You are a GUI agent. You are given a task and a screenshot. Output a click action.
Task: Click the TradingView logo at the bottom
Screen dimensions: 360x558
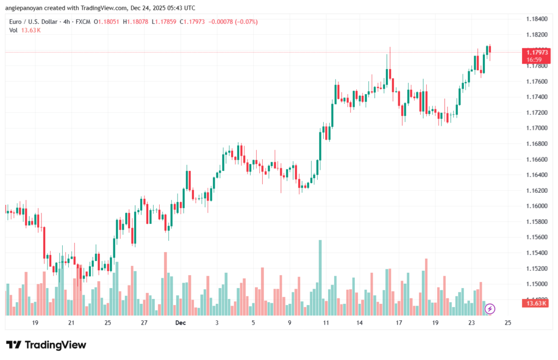click(46, 345)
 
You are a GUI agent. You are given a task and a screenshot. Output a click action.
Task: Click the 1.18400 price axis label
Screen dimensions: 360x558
click(537, 19)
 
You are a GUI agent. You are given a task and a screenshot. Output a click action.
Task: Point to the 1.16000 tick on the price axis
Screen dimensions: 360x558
click(537, 206)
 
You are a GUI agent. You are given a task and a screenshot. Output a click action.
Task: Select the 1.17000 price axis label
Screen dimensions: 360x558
click(537, 128)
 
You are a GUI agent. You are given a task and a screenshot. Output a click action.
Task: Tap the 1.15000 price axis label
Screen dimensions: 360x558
click(537, 284)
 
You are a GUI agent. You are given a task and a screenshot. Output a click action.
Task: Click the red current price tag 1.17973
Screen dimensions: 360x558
click(536, 52)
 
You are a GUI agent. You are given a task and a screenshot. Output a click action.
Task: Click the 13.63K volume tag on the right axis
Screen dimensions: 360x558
click(536, 303)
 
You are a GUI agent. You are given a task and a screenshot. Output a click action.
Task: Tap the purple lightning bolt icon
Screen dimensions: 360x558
click(490, 309)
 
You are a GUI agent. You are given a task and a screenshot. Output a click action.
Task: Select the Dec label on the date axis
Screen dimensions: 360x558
click(181, 323)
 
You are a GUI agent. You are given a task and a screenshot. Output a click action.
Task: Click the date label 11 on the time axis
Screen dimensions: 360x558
click(326, 323)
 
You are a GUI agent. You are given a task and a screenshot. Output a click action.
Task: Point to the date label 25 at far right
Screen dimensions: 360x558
click(508, 323)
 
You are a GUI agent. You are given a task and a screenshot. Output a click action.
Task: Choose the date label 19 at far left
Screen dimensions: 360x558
click(35, 323)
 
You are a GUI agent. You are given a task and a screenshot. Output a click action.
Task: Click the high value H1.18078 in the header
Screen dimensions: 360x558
click(137, 22)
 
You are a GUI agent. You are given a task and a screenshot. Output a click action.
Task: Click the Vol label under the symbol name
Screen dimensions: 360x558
click(13, 30)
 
